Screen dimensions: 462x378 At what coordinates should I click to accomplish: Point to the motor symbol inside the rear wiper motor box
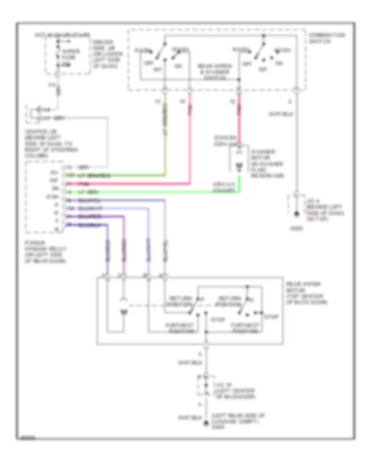(x=123, y=311)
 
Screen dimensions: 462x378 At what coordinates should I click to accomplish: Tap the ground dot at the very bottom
(x=206, y=424)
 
